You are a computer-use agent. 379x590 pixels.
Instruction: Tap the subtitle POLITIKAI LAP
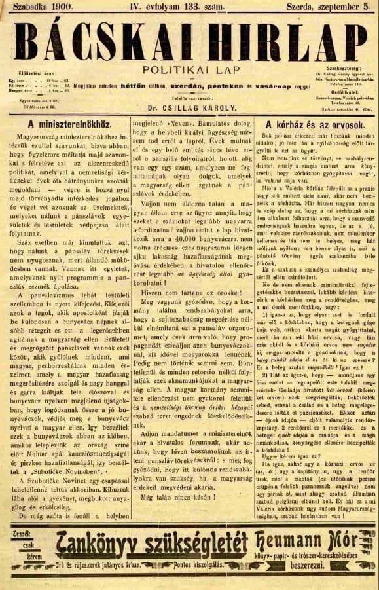190,69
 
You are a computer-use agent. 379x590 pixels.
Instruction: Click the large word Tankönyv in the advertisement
96,543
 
